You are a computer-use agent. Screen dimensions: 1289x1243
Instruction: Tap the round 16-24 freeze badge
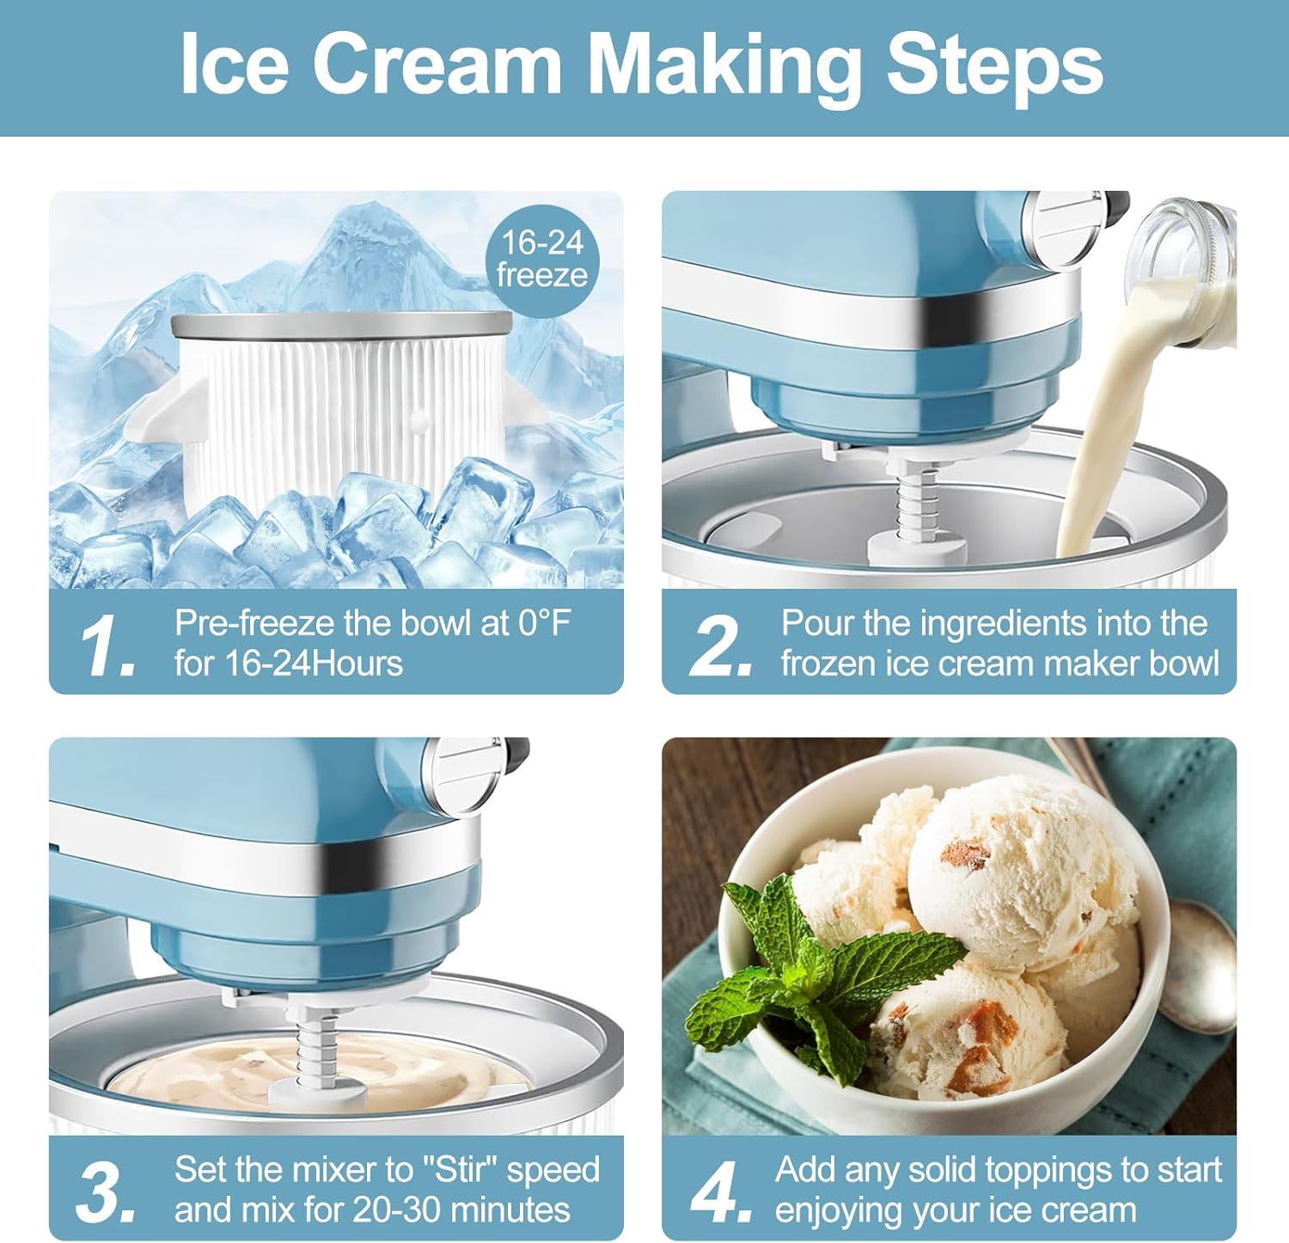click(x=542, y=260)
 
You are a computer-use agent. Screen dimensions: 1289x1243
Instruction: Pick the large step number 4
click(x=720, y=1191)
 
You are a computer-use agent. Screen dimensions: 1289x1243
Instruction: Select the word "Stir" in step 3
click(x=458, y=1170)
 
